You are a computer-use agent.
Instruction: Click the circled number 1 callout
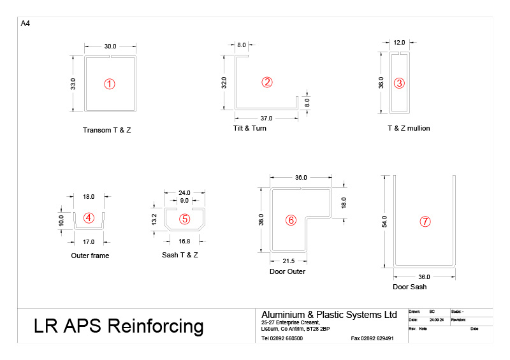110,83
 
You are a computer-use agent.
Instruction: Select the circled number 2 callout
267,82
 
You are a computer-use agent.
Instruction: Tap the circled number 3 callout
399,83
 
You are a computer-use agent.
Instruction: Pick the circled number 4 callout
89,218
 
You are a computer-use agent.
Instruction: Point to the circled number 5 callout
185,219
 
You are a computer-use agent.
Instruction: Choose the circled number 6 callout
291,220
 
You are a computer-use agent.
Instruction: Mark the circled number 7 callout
425,222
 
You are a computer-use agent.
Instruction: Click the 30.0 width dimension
110,46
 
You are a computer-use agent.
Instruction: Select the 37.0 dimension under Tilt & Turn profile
266,119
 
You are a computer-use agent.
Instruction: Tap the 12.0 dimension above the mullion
399,42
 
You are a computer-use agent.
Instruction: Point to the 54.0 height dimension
384,221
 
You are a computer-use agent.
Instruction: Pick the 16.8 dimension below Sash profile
185,241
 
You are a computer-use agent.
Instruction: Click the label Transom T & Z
111,130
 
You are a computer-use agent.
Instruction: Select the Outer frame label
90,256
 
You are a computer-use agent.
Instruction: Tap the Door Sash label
409,287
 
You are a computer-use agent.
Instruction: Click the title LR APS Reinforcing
119,326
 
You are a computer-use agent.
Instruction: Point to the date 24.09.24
436,320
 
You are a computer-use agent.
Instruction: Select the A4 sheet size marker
25,24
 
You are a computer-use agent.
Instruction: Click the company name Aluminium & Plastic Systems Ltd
329,315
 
